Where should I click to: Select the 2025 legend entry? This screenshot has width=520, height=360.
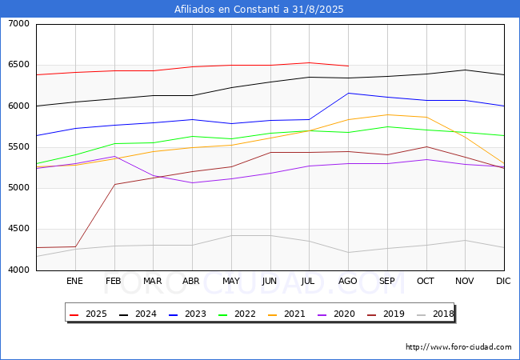[x=88, y=314]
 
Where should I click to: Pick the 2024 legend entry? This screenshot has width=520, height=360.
[x=138, y=314]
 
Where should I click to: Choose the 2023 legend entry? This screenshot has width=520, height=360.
[x=187, y=314]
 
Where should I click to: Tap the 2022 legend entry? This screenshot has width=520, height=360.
[x=237, y=314]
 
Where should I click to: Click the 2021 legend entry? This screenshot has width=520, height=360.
[x=286, y=314]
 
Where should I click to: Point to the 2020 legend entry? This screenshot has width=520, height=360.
[x=336, y=314]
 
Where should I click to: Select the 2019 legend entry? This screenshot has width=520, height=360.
[x=386, y=314]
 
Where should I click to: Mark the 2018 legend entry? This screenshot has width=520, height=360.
[x=435, y=314]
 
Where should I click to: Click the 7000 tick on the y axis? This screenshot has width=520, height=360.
[x=19, y=24]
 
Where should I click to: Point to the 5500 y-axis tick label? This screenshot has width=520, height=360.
[x=19, y=147]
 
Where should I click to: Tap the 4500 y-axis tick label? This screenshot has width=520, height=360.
[x=19, y=229]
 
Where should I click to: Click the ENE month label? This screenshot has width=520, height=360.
[x=74, y=281]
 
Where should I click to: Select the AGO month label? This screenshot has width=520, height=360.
[x=347, y=281]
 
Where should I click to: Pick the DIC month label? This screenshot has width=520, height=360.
[x=503, y=281]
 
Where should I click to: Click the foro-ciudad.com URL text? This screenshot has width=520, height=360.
[x=458, y=347]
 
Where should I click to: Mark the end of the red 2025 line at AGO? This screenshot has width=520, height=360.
[x=348, y=66]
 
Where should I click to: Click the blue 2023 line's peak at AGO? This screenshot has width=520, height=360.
[x=348, y=93]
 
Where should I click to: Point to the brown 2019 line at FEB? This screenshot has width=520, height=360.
[x=114, y=184]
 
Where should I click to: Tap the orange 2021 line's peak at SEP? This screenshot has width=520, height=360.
[x=387, y=114]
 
